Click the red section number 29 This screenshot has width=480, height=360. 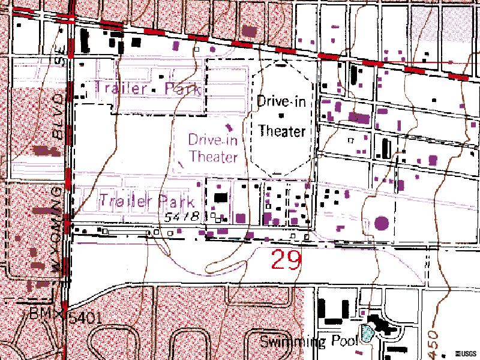coord(286,260)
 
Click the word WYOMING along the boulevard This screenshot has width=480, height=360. coord(59,228)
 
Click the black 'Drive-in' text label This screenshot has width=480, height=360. coord(281,101)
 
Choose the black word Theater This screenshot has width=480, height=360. coord(281,131)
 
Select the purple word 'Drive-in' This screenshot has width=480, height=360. coord(212,140)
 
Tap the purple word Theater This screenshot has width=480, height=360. coord(214,157)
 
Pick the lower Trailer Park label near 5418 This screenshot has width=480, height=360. coord(147,200)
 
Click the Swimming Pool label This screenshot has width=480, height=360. coord(308,342)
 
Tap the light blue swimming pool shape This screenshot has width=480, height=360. coord(367,332)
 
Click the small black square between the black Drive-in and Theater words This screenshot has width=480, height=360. coord(280,115)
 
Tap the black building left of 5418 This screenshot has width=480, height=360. coord(221,197)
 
